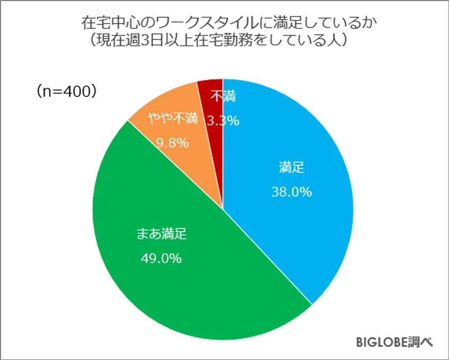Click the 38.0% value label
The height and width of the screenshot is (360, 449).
point(291,192)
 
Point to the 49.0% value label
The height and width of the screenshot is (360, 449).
point(161,258)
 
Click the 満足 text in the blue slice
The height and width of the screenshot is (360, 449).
point(291,167)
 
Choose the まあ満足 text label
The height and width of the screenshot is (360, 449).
point(161,234)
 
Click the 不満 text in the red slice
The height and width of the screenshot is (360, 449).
point(223,97)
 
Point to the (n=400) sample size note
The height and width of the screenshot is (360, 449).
point(66,91)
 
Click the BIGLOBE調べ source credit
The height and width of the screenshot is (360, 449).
point(394,342)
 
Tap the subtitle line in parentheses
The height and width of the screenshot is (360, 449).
point(225,40)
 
